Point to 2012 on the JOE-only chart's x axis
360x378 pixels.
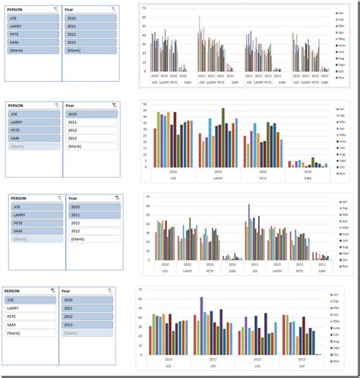pyautogui.click(x=258, y=359)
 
